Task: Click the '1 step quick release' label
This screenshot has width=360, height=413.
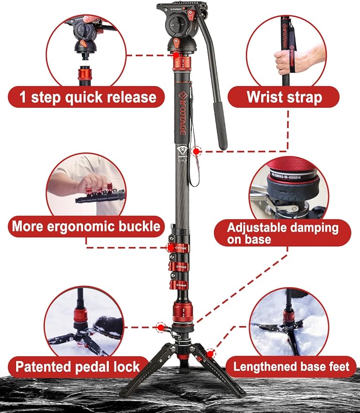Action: coord(87,97)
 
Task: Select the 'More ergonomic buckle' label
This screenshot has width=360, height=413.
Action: coord(86,226)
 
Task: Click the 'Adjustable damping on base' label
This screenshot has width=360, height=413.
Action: coord(282,234)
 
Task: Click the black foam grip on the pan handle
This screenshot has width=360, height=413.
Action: coord(220,123)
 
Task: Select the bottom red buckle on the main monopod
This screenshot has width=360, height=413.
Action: coord(180,285)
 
